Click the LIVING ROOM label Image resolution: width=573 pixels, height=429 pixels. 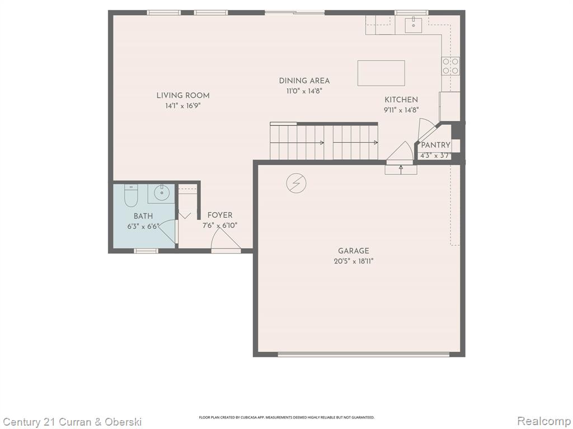click(183, 96)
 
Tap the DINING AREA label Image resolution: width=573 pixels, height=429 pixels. click(304, 80)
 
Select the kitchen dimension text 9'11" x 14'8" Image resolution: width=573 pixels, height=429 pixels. click(401, 110)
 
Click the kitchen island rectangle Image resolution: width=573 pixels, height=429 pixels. click(381, 73)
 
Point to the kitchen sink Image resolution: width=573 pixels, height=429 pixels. click(414, 25)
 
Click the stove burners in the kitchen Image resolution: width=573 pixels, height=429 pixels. click(450, 66)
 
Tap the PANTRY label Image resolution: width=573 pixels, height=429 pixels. click(435, 145)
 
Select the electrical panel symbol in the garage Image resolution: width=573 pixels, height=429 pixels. click(297, 183)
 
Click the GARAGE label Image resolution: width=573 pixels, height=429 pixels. click(354, 251)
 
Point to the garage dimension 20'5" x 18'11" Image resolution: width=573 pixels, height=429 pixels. click(354, 261)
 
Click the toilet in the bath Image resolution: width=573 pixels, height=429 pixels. click(130, 196)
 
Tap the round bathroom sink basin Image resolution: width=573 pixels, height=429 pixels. click(162, 193)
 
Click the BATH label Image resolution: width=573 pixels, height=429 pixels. click(143, 216)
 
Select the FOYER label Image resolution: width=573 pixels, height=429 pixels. click(220, 215)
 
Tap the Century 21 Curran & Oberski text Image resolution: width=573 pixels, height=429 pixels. click(72, 422)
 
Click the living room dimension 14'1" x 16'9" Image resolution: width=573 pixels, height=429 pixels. click(183, 106)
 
